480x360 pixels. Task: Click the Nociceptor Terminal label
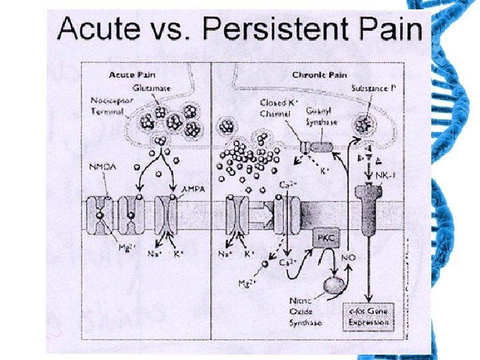click(110, 107)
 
